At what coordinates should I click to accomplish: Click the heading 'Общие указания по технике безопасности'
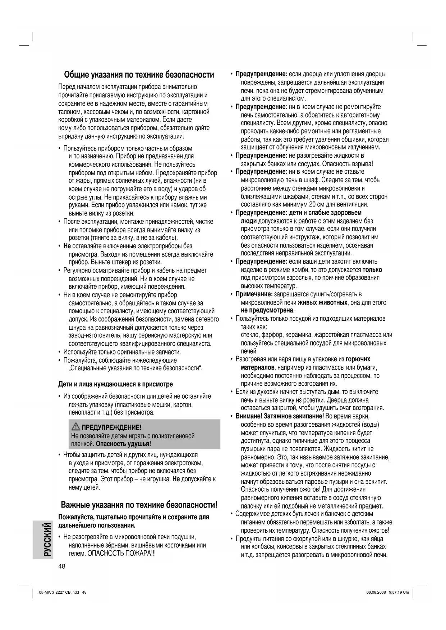(x=139, y=75)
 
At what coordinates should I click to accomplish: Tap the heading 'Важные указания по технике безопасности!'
(x=139, y=505)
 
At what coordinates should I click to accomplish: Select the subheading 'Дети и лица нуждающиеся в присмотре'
(x=115, y=384)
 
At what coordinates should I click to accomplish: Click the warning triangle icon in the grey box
(x=76, y=427)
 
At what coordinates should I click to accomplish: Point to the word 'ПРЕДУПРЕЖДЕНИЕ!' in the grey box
(x=111, y=427)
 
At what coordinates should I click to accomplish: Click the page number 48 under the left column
(x=62, y=566)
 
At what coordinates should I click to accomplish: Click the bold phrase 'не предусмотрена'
(x=267, y=310)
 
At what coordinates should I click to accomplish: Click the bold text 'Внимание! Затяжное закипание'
(x=279, y=416)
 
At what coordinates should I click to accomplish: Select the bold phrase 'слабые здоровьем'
(x=335, y=213)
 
